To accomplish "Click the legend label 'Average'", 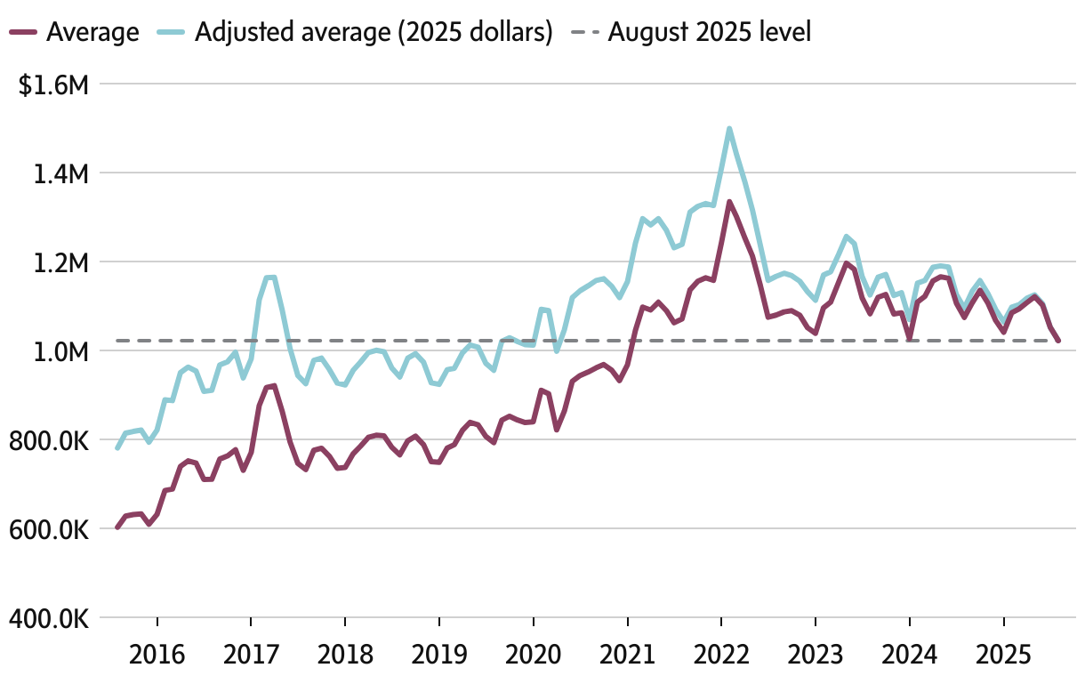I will click(x=92, y=33).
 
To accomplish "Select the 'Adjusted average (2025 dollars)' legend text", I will click(x=374, y=33).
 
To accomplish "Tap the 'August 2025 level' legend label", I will click(x=710, y=33).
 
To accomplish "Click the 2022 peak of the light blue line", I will click(x=729, y=129).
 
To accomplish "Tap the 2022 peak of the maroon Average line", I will click(x=729, y=202).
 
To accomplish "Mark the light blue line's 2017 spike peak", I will click(x=270, y=278).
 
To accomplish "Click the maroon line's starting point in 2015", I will click(x=117, y=527).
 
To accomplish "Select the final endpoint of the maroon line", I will click(x=1058, y=341).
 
